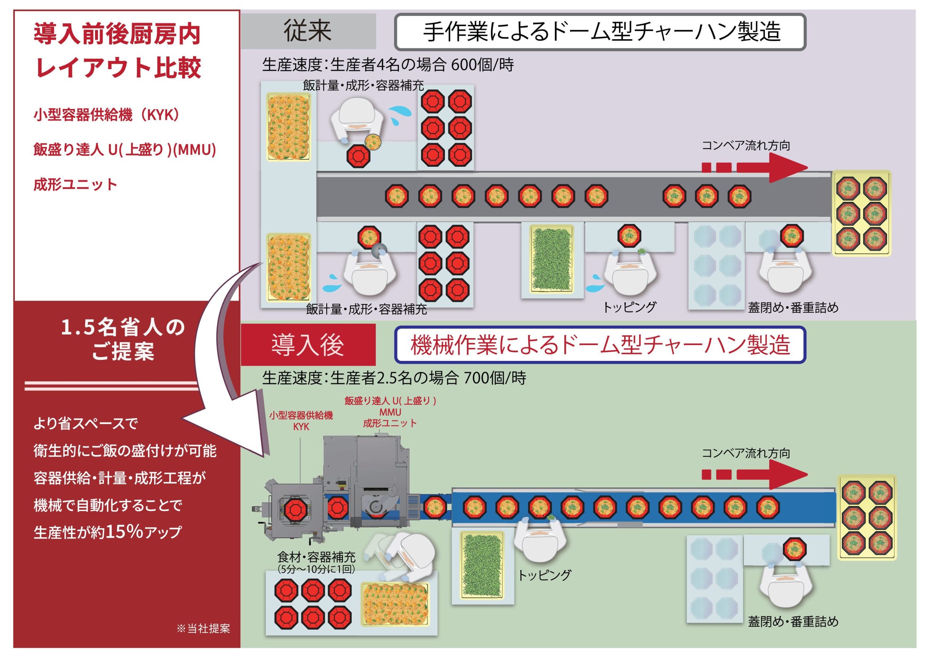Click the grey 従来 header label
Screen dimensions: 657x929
308,31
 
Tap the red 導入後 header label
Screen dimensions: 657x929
308,345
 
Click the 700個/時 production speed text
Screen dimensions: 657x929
495,378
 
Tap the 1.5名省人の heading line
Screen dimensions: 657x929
123,328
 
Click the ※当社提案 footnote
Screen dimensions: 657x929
203,628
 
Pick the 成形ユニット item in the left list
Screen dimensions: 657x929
75,185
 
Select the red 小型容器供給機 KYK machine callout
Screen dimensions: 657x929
301,421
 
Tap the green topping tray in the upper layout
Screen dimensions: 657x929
552,259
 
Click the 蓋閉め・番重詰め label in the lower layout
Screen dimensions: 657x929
793,621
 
